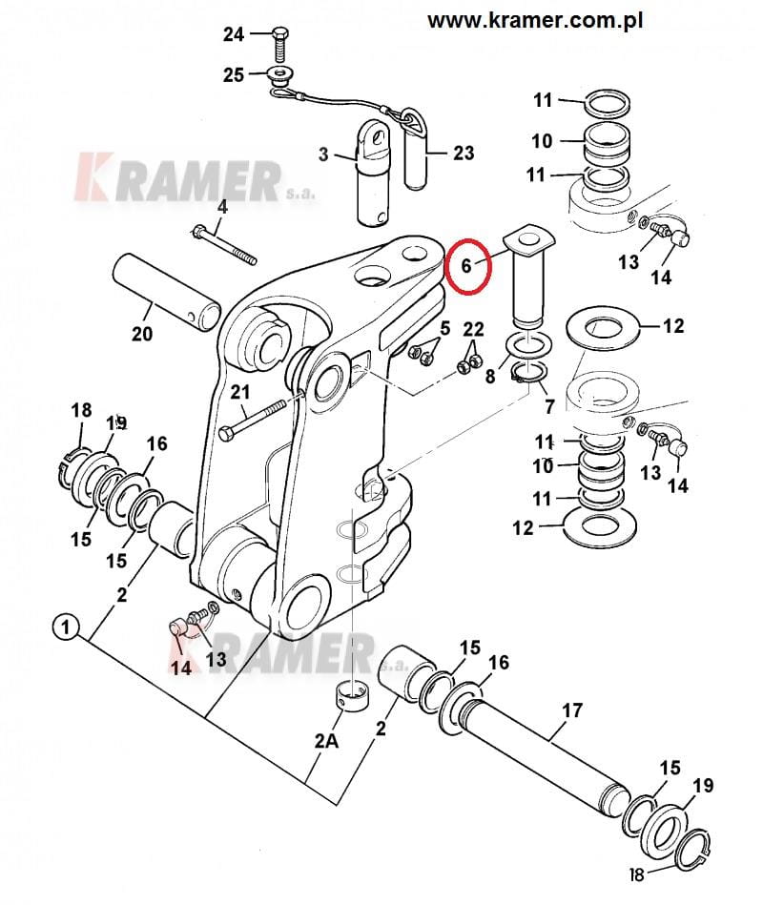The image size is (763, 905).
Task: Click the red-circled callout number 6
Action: pos(466,266)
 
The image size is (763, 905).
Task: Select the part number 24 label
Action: pos(234,35)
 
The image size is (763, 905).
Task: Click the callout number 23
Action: pos(463,152)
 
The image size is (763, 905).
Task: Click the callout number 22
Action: pos(474,329)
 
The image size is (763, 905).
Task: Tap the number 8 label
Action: pos(491,376)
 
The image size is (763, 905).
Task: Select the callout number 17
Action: pos(571,710)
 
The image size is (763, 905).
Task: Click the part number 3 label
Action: pos(322,154)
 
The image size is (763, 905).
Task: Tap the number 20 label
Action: pos(142,336)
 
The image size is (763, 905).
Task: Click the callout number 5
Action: pos(443,329)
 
